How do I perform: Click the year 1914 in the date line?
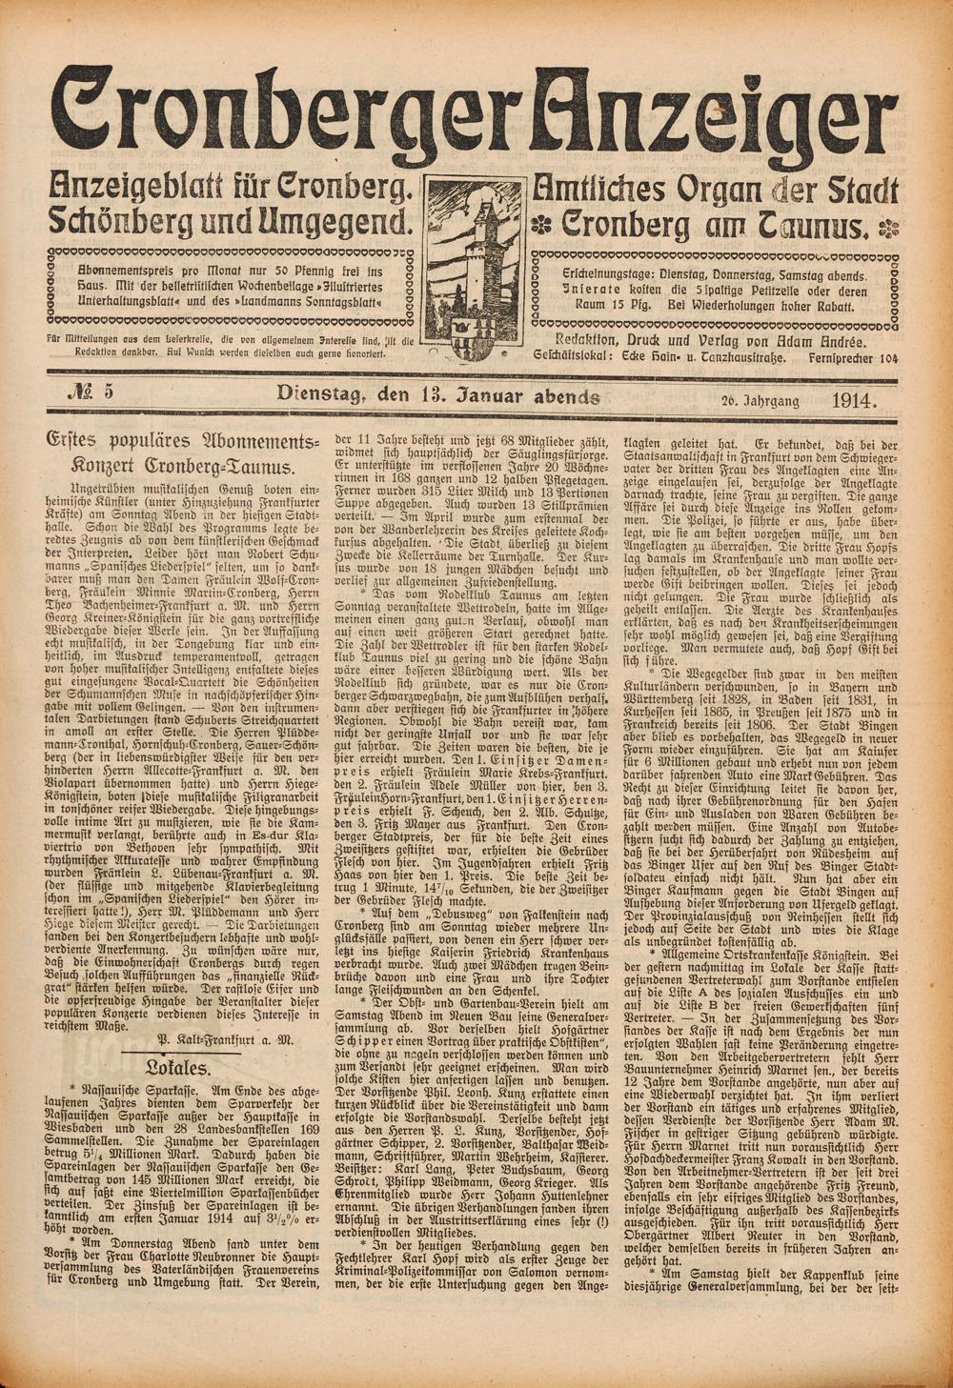coord(854,398)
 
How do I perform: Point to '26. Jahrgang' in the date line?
coord(759,399)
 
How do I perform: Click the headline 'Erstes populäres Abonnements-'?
coord(180,442)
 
